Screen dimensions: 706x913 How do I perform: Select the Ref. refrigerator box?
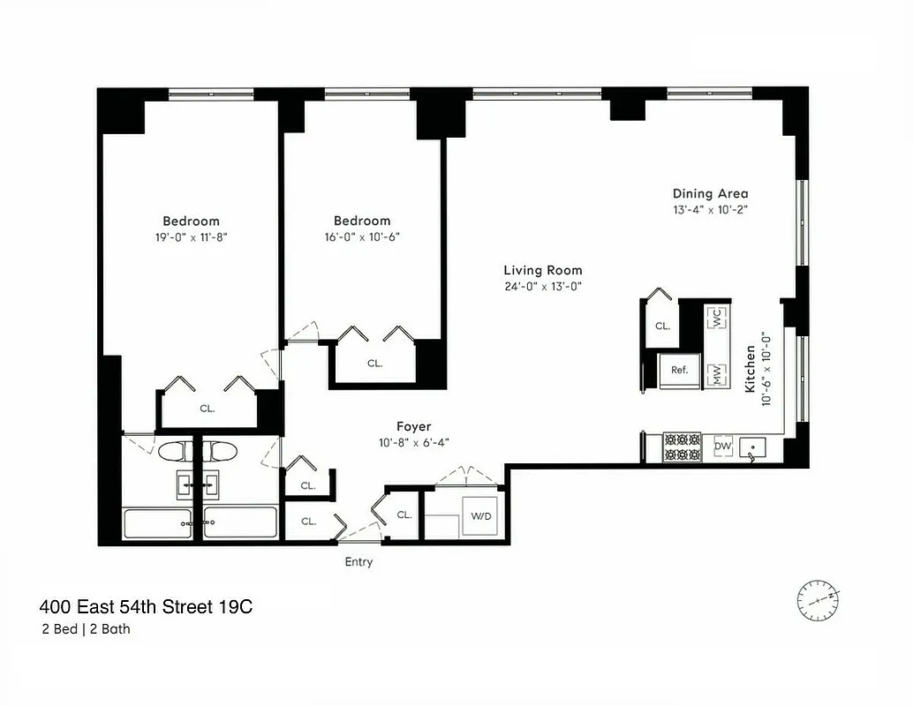(x=679, y=371)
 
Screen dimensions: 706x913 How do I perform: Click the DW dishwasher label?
(x=722, y=447)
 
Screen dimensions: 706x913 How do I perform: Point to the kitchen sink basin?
(x=753, y=450)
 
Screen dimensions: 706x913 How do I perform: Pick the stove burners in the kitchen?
(x=682, y=447)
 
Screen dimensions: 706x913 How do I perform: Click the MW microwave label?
(x=716, y=375)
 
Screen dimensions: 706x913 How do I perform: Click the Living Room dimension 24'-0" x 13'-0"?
(x=543, y=286)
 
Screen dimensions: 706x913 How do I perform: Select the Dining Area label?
(x=710, y=194)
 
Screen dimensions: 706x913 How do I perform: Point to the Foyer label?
(x=414, y=427)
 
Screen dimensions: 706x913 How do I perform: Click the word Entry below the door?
(x=358, y=562)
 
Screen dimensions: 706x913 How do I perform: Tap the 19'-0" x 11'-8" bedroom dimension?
(x=191, y=237)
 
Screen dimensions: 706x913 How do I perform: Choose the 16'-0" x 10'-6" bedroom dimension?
(x=362, y=237)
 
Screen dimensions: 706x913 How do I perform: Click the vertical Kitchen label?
(x=751, y=369)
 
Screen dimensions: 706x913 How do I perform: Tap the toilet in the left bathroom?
(x=173, y=452)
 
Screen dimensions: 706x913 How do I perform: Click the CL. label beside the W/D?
(x=404, y=514)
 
